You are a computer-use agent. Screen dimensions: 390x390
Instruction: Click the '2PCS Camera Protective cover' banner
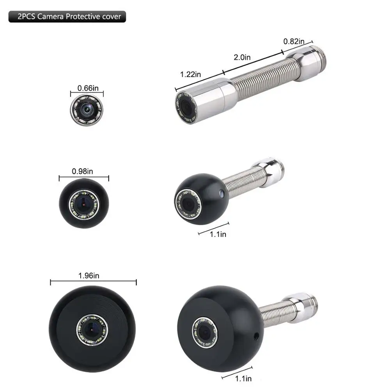click(x=67, y=17)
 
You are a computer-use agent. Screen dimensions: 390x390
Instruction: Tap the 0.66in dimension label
click(x=88, y=88)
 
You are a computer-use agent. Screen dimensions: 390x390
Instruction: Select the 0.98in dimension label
click(x=82, y=171)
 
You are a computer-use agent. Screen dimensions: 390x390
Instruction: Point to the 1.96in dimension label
click(x=89, y=276)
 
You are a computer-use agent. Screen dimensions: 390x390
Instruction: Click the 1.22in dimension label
click(x=190, y=74)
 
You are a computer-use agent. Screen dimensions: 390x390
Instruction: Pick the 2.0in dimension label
click(x=242, y=57)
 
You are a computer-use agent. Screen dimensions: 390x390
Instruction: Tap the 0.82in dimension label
click(x=294, y=41)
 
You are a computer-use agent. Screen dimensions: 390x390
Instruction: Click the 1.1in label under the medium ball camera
click(x=218, y=234)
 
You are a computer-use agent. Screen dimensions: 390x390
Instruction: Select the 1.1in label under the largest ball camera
click(x=243, y=379)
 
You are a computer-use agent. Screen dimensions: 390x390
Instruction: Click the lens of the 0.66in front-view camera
click(x=87, y=109)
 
